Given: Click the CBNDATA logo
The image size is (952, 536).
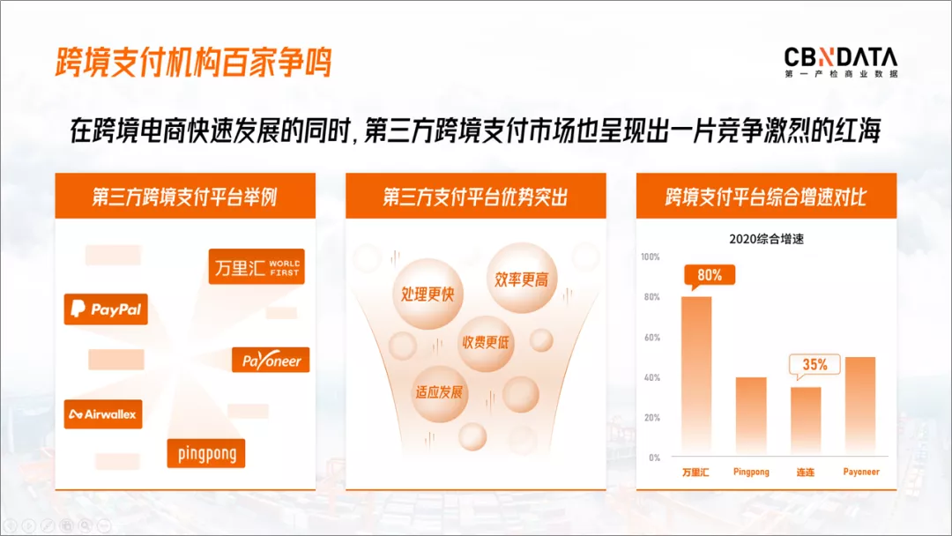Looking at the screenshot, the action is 840,62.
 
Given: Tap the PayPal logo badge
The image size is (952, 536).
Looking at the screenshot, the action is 106,309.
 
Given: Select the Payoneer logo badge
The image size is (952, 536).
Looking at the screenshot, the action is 271,360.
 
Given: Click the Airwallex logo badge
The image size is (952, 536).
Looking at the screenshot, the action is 103,414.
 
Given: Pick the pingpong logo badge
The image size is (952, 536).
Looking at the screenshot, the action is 206,453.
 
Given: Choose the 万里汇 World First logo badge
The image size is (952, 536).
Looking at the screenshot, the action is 257,266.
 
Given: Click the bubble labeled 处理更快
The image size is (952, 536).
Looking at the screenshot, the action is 428,294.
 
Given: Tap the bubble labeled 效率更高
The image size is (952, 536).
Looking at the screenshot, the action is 522,278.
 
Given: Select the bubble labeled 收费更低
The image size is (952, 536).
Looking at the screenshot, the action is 486,343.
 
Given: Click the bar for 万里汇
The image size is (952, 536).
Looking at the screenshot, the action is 696,376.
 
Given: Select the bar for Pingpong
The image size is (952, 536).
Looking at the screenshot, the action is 751,416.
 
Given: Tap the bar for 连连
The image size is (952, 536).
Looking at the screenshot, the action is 806,421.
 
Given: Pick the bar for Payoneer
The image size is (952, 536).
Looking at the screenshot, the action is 860,406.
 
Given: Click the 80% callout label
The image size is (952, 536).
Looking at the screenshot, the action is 709,276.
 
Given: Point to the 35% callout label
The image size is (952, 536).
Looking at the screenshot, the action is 814,365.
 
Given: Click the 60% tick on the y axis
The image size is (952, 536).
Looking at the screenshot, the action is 652,338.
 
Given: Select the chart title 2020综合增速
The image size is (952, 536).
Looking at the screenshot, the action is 766,239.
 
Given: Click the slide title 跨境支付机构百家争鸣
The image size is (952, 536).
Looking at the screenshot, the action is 194,63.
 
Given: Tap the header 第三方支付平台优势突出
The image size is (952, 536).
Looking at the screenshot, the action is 475,197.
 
